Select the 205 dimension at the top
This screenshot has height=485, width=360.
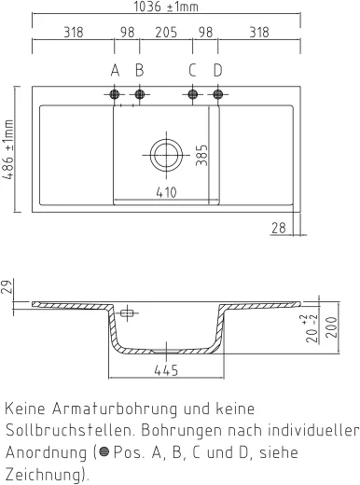pos(166,32)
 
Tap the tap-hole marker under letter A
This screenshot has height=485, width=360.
pos(115,94)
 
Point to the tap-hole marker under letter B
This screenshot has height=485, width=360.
pos(140,94)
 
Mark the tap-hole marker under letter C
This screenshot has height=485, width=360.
pos(193,94)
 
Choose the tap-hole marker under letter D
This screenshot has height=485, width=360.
pos(218,94)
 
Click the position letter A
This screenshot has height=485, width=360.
pos(115,70)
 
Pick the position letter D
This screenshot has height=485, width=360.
pos(218,70)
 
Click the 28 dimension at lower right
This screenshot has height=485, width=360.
pos(279,227)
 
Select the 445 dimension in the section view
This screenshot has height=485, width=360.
pos(166,371)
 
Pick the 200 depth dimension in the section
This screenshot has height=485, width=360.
pos(334,327)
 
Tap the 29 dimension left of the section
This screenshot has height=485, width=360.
pos(8,287)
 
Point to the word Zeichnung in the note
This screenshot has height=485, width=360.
pos(42,473)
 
